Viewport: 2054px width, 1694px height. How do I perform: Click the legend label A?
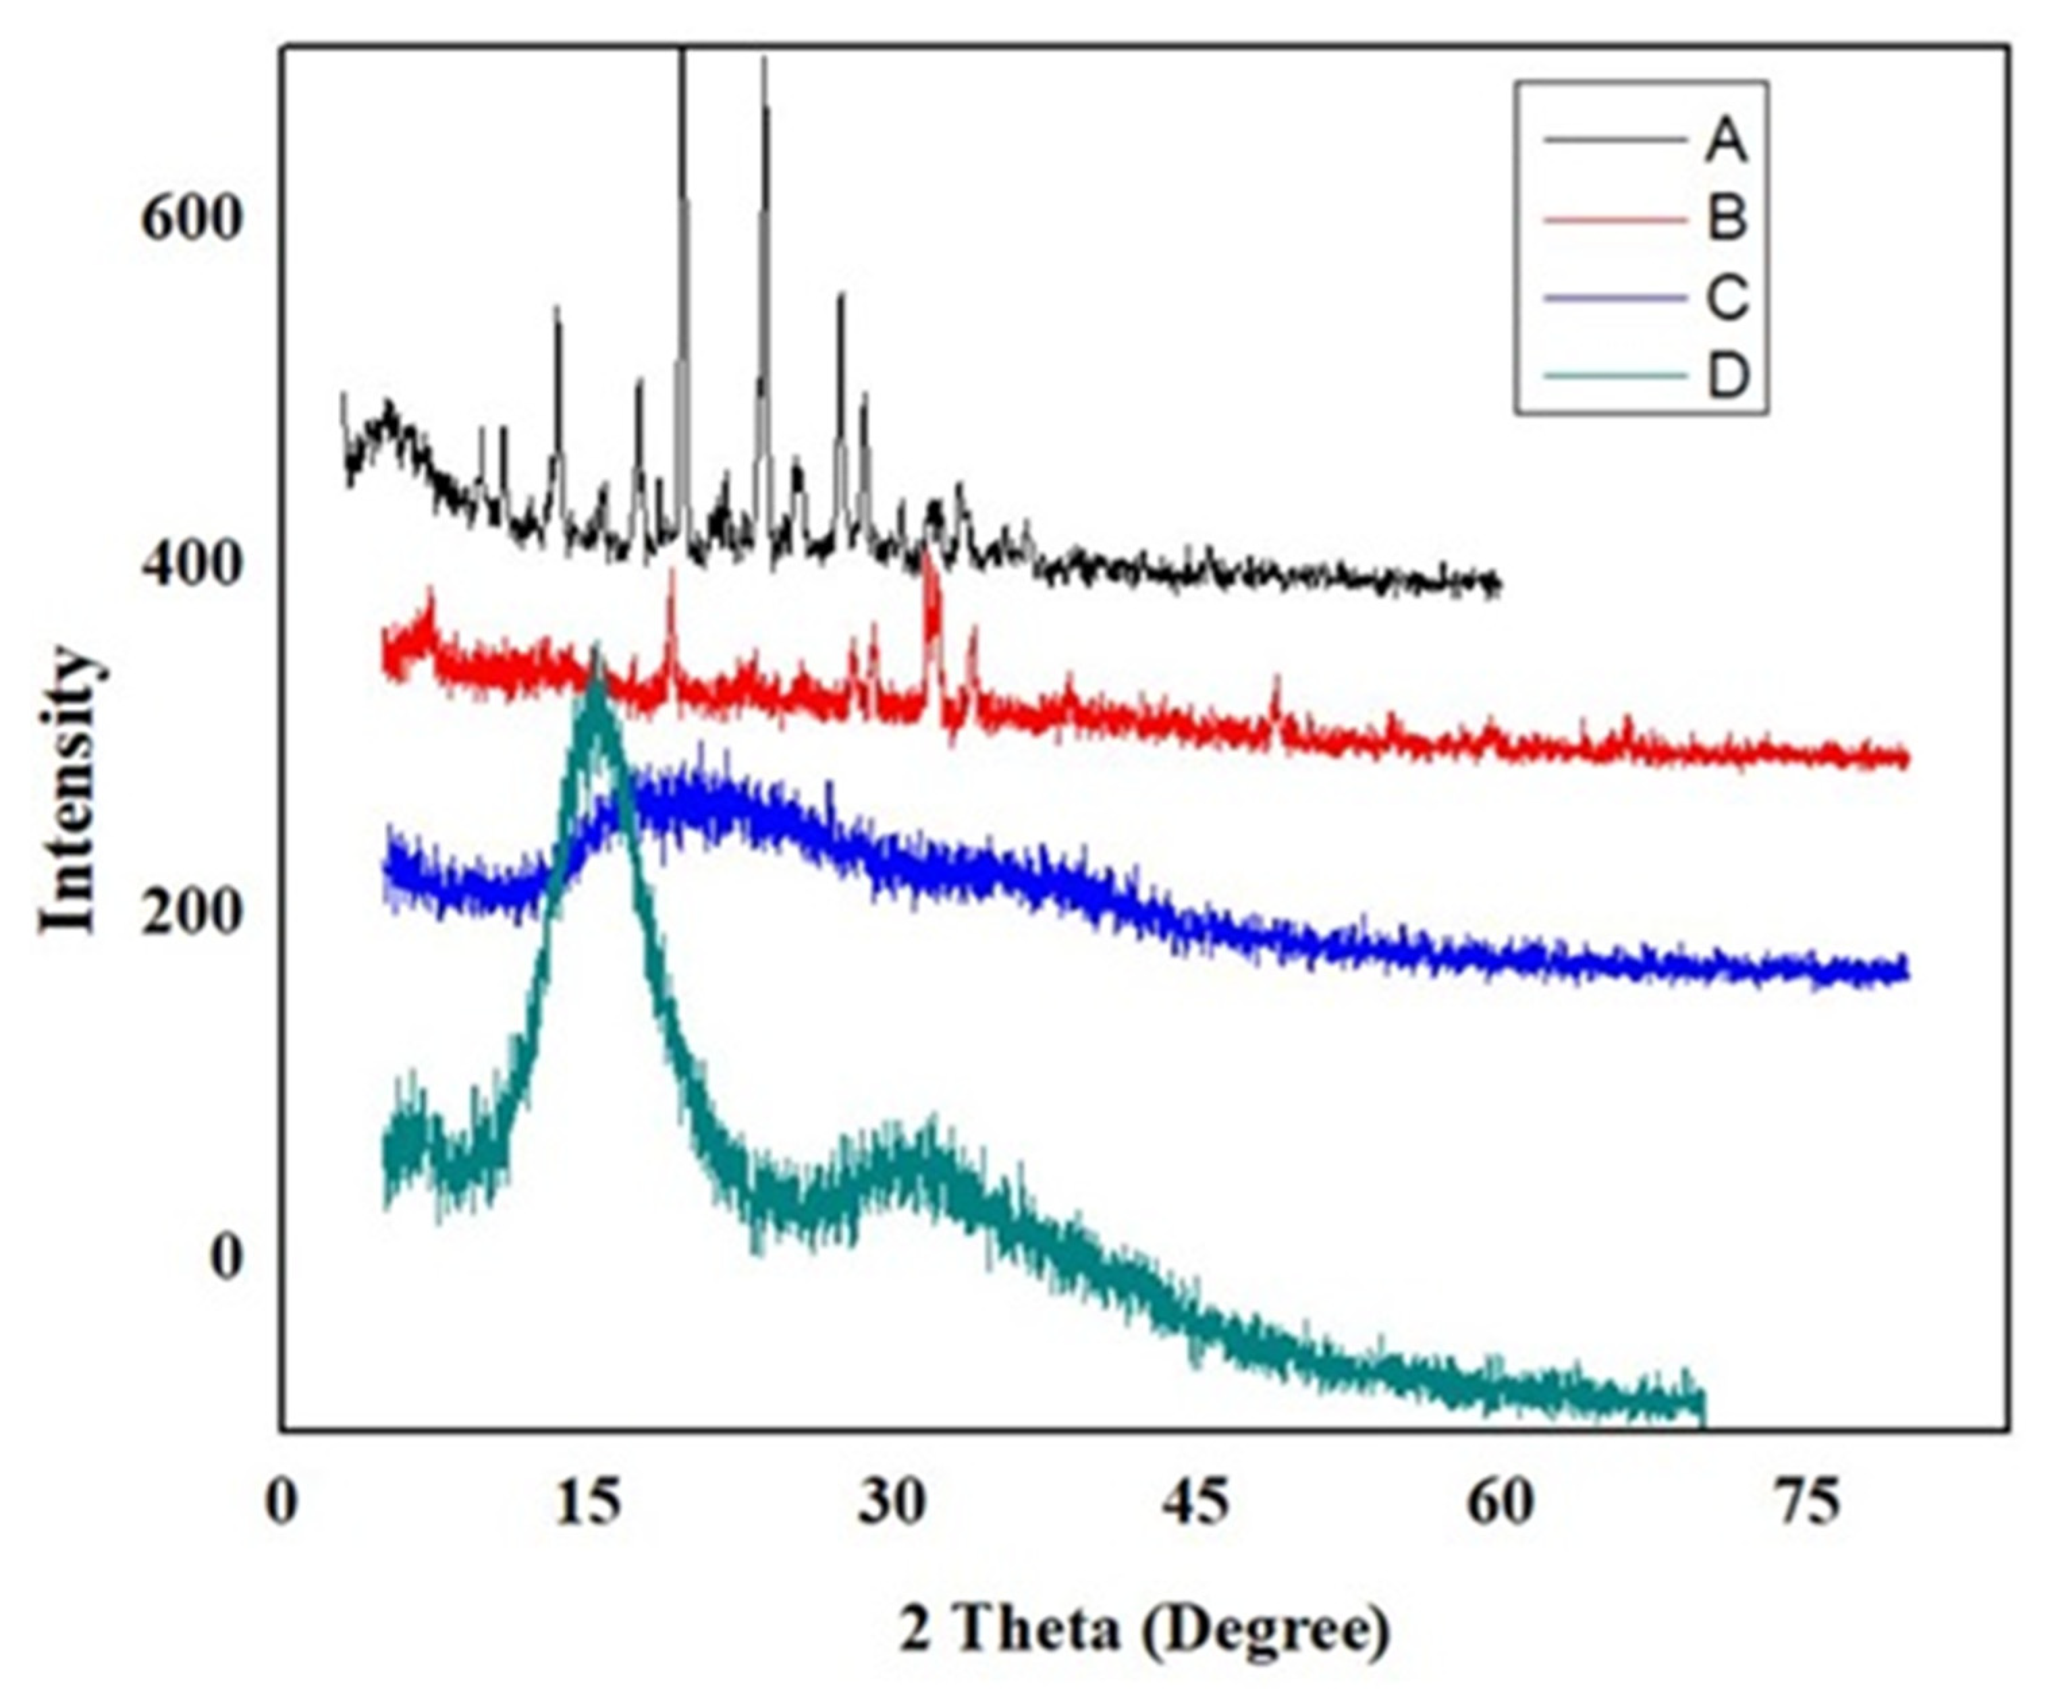click(x=1725, y=142)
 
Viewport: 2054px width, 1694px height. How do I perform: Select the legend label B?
click(x=1725, y=219)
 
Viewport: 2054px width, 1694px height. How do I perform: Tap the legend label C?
click(x=1725, y=297)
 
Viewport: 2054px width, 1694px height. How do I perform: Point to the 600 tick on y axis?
click(x=190, y=219)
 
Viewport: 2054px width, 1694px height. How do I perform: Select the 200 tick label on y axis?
click(x=190, y=911)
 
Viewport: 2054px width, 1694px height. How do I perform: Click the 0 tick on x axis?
click(x=281, y=1504)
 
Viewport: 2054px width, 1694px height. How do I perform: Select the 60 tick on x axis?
click(x=1500, y=1504)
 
